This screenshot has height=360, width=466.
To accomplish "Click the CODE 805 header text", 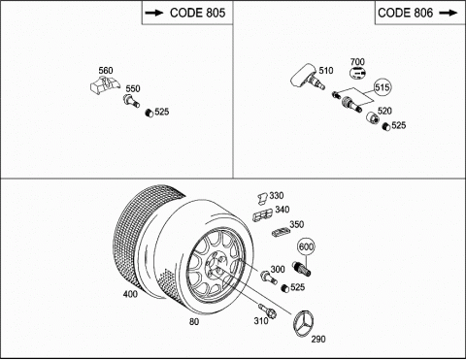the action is tap(197, 13).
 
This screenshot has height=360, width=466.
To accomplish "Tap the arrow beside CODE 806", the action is tap(449, 13).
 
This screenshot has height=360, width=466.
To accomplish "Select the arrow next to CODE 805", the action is tap(155, 13).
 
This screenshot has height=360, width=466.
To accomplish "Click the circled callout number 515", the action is tap(383, 87).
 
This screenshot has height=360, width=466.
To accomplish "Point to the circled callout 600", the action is tap(306, 247).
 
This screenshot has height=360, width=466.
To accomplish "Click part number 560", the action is tap(106, 71).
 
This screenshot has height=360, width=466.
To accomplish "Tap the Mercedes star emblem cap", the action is tap(304, 323).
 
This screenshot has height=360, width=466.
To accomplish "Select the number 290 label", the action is tap(318, 339).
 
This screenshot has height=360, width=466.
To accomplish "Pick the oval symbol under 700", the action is tap(357, 73).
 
